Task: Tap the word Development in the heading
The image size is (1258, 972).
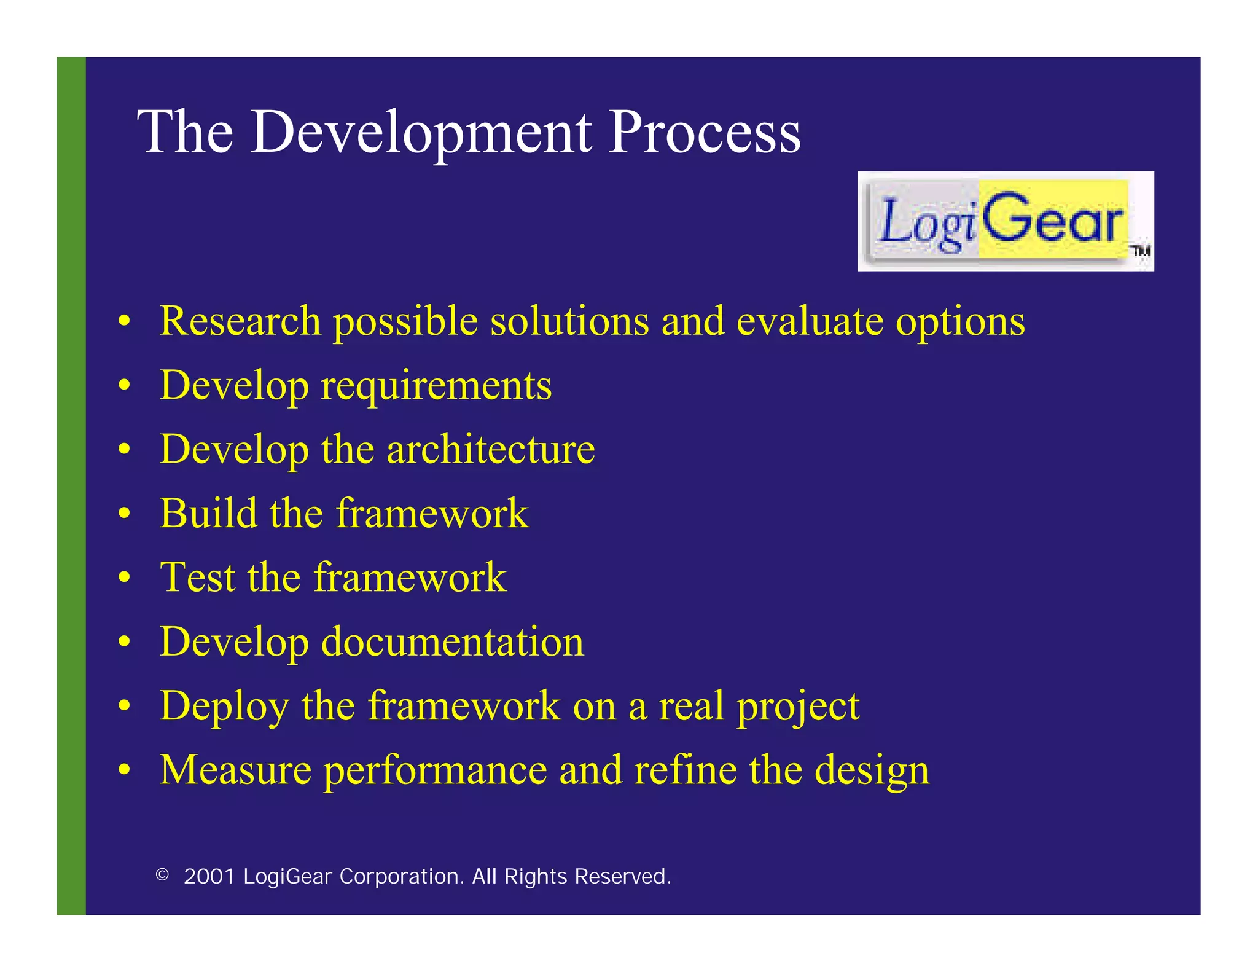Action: pos(421,133)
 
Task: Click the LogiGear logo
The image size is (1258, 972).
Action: pos(1004,222)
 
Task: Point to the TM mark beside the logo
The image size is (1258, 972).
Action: pos(1140,251)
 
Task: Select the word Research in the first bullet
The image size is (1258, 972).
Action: pos(240,321)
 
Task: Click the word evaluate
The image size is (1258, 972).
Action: pos(809,321)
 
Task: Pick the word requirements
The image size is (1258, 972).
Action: pos(436,386)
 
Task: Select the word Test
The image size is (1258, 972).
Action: pos(197,578)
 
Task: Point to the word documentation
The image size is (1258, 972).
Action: pos(452,641)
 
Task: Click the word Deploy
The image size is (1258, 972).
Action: pos(224,707)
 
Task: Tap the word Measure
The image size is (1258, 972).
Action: pos(235,770)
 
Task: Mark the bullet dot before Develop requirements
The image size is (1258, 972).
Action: pos(125,386)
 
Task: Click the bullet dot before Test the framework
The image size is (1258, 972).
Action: pos(125,578)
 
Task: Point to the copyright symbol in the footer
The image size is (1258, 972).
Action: pos(162,874)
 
